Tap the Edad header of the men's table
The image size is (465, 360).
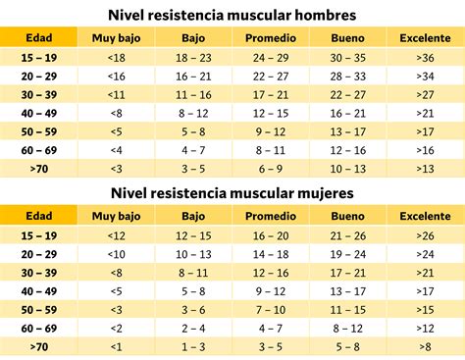click(39, 37)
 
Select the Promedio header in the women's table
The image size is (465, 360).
click(271, 216)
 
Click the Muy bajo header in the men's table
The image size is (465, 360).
click(116, 37)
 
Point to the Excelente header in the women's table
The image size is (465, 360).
click(425, 216)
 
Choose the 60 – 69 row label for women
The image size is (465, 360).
click(39, 328)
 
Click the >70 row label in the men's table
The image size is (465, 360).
click(39, 168)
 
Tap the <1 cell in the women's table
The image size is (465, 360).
click(116, 346)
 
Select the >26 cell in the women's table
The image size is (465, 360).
click(425, 235)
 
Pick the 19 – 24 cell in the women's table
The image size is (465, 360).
click(347, 254)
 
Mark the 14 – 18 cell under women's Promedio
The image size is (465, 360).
click(271, 254)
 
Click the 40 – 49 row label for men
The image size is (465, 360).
click(39, 112)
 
